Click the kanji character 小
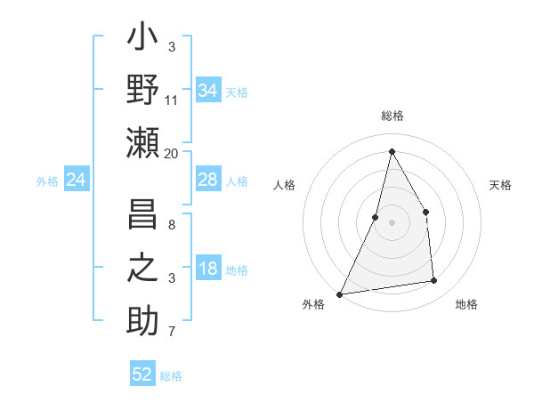pos(142,39)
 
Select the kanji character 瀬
pos(142,142)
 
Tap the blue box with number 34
pos(208,91)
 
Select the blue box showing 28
pos(208,180)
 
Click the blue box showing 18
pos(208,269)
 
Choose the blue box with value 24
pos(77,181)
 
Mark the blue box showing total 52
pos(142,374)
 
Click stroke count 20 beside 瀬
pos(172,154)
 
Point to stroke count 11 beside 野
pos(172,101)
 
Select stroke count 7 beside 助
pos(172,333)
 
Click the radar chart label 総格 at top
pos(392,116)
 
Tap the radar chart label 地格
pos(466,304)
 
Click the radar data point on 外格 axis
pos(339,293)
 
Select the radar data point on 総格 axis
pos(392,151)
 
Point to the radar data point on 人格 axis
pos(376,217)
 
